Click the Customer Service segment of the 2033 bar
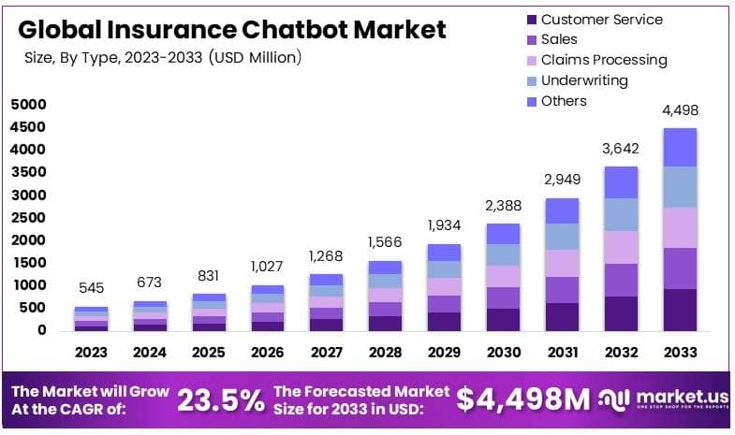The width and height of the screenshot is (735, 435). click(x=680, y=310)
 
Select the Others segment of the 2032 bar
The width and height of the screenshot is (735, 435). click(x=621, y=182)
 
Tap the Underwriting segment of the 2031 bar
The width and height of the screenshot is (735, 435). click(x=562, y=237)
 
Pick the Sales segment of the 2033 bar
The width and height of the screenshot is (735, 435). click(x=680, y=268)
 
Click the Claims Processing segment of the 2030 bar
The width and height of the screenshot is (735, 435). click(x=503, y=276)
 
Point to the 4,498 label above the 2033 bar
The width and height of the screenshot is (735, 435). click(x=680, y=110)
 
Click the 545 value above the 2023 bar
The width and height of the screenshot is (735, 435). click(x=91, y=288)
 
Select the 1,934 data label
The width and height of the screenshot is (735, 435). click(x=444, y=225)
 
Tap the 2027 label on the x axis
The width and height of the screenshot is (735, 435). click(x=326, y=353)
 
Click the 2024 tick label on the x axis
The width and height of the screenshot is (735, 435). click(x=150, y=353)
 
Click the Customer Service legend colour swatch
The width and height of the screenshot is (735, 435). click(x=533, y=20)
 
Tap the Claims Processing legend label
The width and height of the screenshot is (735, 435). click(x=604, y=60)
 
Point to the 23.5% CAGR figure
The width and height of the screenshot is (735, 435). click(x=220, y=400)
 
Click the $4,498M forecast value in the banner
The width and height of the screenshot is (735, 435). click(x=523, y=399)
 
